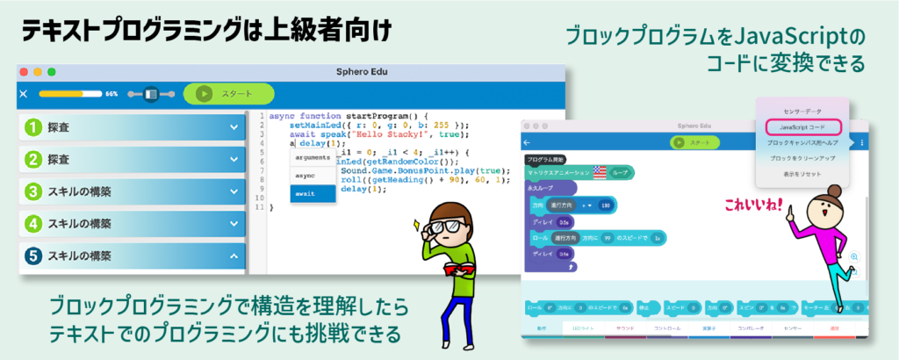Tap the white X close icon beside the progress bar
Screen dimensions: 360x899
pos(24,93)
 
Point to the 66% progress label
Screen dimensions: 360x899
pos(111,93)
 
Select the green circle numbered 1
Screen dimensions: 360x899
pos(33,128)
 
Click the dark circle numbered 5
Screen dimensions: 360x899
pos(33,256)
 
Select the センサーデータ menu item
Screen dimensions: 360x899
pos(802,112)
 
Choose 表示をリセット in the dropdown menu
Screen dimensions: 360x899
pos(802,173)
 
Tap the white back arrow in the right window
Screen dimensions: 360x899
pos(527,142)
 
